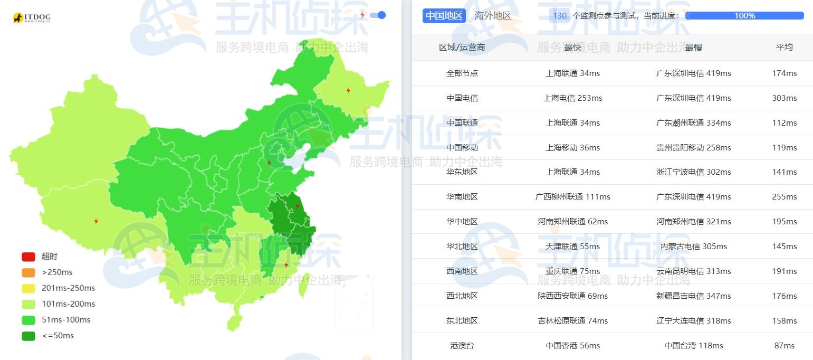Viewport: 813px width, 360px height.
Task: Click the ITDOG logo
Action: [31, 18]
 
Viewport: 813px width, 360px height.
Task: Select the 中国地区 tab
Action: [444, 16]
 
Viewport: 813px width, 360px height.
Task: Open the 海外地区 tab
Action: [493, 16]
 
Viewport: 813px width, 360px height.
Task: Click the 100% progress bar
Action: [744, 16]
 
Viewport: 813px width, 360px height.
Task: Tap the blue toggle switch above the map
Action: [378, 15]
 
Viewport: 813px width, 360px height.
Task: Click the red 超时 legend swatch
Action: [28, 257]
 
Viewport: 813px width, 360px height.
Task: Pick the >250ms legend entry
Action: [57, 272]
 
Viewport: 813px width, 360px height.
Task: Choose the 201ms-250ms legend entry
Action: [68, 288]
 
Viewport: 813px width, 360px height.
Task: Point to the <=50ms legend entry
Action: [58, 336]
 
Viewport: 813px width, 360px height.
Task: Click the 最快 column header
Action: [572, 48]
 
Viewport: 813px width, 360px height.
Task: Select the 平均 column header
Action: [784, 47]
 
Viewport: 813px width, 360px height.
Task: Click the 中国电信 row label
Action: [462, 98]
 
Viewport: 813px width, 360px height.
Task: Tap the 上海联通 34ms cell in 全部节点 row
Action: [572, 73]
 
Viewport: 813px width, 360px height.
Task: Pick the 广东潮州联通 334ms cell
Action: [693, 123]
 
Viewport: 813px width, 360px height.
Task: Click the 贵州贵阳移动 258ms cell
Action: [693, 148]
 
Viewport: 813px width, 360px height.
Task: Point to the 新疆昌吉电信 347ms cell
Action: [693, 296]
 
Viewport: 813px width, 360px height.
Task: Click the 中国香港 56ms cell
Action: [572, 346]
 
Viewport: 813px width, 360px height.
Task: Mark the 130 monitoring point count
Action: [560, 16]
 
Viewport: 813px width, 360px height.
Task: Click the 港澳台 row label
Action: [462, 346]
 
